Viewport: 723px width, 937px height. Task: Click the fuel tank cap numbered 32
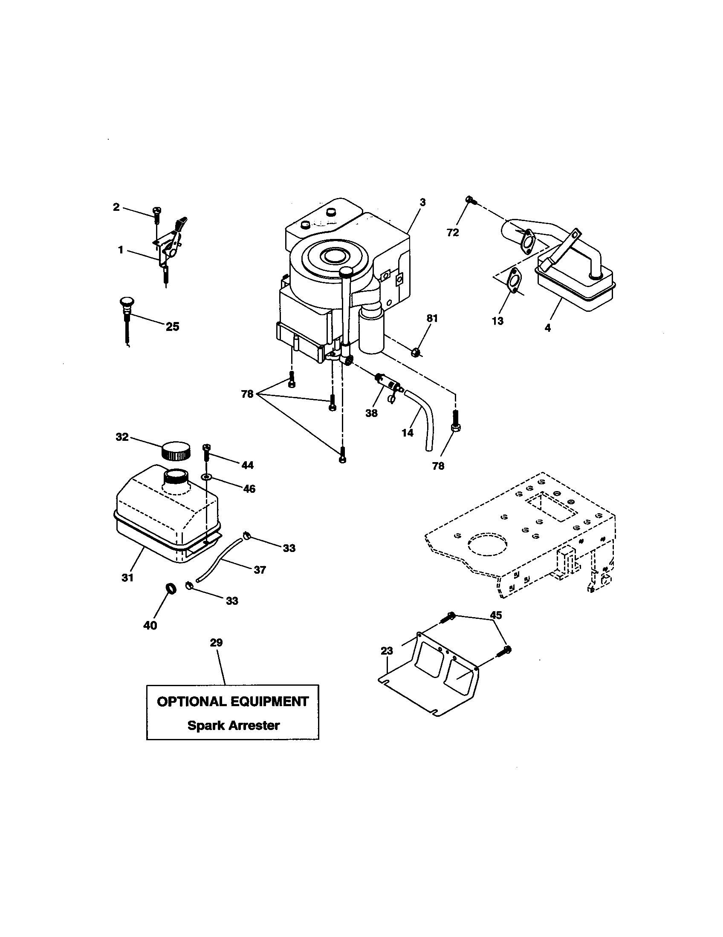coord(175,450)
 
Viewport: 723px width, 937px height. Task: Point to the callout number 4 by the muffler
coord(547,328)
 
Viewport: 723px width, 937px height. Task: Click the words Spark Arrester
coord(233,725)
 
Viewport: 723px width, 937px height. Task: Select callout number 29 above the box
coord(217,642)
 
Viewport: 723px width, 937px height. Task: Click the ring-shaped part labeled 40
coord(171,589)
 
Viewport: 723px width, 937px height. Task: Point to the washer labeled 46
coord(207,477)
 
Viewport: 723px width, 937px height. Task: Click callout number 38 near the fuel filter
coord(371,413)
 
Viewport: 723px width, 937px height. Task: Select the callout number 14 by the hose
coord(408,432)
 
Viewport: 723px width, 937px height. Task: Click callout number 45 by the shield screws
coord(496,615)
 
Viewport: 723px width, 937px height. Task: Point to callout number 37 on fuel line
coord(260,570)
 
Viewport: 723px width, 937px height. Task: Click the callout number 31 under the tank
coord(127,578)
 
